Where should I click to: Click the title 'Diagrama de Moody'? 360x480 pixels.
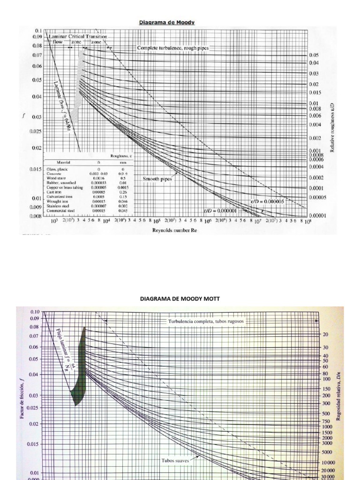tap(167, 22)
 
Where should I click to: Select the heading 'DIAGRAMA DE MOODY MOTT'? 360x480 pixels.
tap(180, 298)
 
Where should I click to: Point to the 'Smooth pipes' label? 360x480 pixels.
tap(157, 179)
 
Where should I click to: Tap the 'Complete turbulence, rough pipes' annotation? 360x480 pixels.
tap(173, 48)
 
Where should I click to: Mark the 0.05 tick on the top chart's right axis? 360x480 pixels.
tap(313, 55)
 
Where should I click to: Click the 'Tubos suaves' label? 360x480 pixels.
tap(176, 460)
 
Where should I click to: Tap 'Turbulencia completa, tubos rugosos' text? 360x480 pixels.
tap(206, 322)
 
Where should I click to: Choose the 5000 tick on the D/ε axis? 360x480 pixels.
tap(326, 452)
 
